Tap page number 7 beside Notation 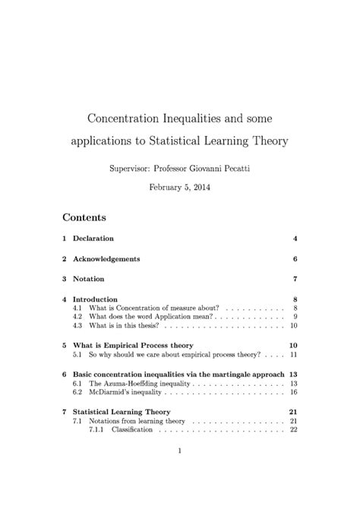tap(295, 279)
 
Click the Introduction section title tap(95, 299)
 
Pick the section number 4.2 tap(77, 317)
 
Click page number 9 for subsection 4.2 tap(295, 317)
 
